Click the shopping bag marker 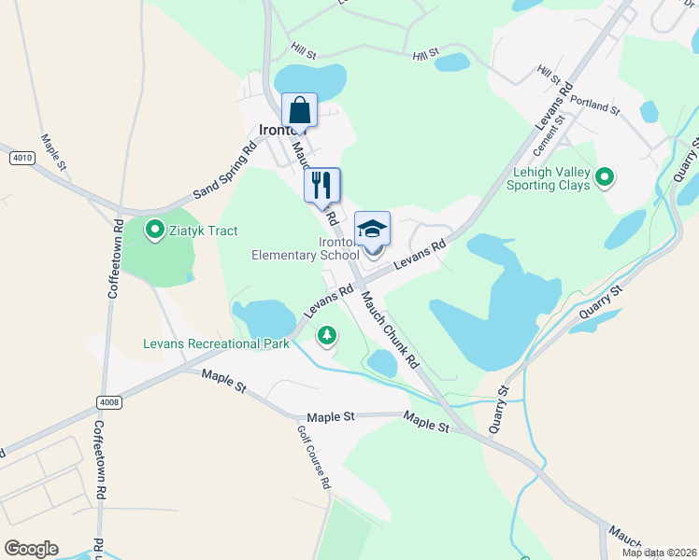click(299, 110)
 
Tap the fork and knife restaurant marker click(322, 185)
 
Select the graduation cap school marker click(372, 229)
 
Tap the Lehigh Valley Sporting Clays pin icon click(605, 175)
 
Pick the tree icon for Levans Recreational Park click(326, 334)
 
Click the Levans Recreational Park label click(216, 343)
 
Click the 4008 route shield click(108, 402)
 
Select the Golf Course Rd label click(314, 457)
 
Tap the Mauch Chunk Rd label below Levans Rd click(390, 327)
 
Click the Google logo click(31, 549)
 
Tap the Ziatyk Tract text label click(204, 231)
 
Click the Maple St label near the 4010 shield click(53, 152)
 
